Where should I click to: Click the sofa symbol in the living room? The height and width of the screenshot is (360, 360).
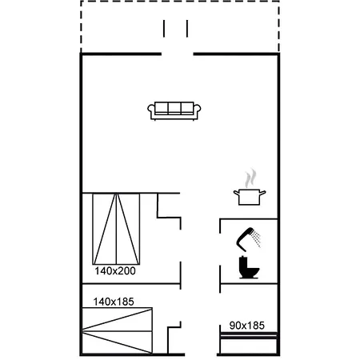(x=174, y=111)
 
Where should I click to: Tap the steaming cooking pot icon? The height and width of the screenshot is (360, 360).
(x=250, y=187)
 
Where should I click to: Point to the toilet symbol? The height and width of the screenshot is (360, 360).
(x=249, y=267)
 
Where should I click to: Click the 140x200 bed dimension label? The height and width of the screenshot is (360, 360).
(x=115, y=271)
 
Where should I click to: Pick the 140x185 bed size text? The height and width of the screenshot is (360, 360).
(x=114, y=302)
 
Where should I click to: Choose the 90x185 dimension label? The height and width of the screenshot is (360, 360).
(x=247, y=326)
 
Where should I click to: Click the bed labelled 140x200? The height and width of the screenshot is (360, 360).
(x=116, y=229)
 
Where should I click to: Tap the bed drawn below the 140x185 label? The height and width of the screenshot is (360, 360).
(x=117, y=331)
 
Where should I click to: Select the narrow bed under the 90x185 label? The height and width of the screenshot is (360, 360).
(x=249, y=343)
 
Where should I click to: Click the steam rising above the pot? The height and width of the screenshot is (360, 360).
(x=250, y=178)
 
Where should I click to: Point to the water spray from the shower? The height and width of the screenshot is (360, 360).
(x=257, y=239)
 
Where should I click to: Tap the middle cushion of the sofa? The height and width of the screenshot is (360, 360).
(x=174, y=108)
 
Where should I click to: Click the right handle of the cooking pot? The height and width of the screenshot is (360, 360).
(x=262, y=193)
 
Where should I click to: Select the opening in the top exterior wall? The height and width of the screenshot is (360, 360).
(x=178, y=54)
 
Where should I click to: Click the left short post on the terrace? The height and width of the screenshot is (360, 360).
(x=164, y=29)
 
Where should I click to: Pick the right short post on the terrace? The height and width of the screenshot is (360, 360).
(x=187, y=29)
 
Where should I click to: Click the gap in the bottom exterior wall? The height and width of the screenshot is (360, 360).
(x=201, y=354)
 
